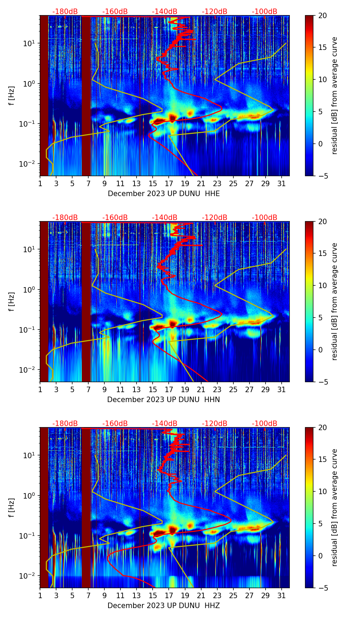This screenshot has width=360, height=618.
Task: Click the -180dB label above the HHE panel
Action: [65, 12]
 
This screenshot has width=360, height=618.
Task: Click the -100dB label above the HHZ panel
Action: [265, 424]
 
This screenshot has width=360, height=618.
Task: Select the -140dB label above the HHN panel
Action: [165, 218]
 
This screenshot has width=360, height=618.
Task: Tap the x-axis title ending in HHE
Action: [164, 194]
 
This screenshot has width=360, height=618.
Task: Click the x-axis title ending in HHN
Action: [164, 400]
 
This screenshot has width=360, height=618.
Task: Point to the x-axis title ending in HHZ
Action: [164, 606]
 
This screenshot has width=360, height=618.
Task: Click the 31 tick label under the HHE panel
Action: [281, 184]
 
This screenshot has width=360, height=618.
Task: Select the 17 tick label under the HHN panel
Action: [169, 390]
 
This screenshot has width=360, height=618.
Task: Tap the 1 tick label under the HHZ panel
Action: [40, 596]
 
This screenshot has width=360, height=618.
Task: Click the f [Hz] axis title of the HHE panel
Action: [12, 95]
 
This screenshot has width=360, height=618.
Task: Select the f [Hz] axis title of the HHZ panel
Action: [12, 507]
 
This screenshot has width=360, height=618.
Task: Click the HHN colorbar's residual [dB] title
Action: [334, 301]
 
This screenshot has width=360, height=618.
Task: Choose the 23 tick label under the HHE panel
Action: [217, 184]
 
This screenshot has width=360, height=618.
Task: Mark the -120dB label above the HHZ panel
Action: [215, 424]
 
